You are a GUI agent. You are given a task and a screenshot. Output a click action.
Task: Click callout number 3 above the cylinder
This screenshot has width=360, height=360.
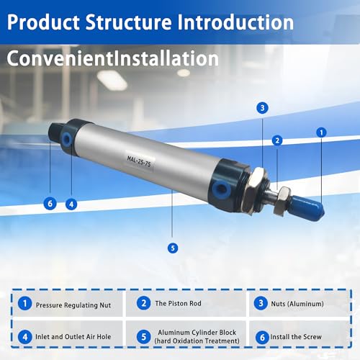262,108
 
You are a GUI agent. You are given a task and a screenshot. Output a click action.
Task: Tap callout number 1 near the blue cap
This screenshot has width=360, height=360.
321,132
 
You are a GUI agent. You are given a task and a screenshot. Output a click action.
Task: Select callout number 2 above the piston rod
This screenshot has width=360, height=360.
277,140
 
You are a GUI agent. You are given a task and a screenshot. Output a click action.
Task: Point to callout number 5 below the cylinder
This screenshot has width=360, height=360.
173,248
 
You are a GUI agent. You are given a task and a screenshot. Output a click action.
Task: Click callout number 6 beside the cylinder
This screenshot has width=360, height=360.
50,204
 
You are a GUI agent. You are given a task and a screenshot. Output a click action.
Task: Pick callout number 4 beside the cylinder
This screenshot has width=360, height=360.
71,204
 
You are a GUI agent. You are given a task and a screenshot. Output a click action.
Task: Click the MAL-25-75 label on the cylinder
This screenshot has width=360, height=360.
139,161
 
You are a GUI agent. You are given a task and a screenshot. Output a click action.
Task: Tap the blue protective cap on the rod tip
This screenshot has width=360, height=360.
308,207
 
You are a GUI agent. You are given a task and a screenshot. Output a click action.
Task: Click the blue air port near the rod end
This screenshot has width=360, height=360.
221,189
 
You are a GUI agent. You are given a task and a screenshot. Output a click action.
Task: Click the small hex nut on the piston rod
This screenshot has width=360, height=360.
282,200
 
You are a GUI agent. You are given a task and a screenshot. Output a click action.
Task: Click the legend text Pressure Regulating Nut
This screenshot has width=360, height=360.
73,305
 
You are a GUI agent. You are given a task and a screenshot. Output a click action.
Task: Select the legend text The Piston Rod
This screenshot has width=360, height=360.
178,303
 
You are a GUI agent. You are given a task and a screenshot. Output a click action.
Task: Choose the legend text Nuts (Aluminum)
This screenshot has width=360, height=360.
297,304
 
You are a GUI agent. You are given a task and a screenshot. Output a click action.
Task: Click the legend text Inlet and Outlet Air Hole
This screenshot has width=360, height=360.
73,337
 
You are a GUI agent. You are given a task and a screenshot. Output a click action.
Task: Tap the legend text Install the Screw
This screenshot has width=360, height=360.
296,337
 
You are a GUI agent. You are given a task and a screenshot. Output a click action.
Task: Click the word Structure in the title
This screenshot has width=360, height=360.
129,22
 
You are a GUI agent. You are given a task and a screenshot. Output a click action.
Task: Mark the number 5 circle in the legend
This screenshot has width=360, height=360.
144,336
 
